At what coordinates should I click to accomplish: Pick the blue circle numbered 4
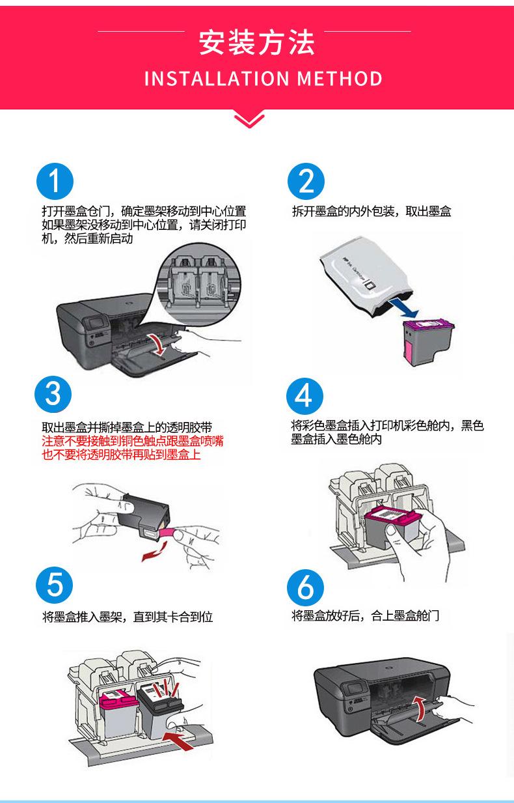point(304,394)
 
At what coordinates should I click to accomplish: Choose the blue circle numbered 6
point(304,587)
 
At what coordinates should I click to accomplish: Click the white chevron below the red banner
point(249,120)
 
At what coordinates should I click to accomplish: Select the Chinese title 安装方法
point(256,42)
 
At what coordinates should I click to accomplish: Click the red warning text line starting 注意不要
point(133,442)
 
